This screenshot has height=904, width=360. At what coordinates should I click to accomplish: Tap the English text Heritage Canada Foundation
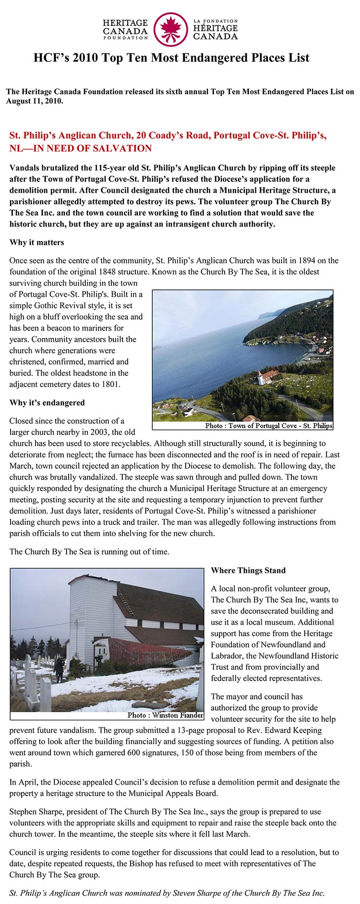(x=125, y=29)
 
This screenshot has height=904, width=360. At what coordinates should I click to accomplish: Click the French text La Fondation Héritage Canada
(x=215, y=29)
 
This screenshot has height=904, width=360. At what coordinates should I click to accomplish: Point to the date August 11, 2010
(x=34, y=101)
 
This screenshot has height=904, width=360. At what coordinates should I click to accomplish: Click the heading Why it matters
(x=36, y=242)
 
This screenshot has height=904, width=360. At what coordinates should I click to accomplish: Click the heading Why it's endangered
(x=47, y=403)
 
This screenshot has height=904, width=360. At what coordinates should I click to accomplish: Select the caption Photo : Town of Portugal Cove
(x=268, y=426)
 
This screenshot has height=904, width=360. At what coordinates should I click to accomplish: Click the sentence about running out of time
(x=89, y=551)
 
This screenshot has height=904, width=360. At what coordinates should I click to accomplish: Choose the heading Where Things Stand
(x=248, y=570)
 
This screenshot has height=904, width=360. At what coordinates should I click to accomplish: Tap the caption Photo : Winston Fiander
(x=165, y=715)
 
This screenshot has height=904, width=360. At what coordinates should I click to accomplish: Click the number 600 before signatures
(x=169, y=752)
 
